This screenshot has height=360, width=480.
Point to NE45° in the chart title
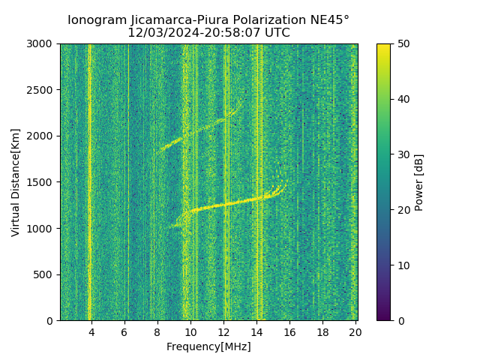(328, 20)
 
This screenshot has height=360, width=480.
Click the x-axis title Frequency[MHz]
(208, 346)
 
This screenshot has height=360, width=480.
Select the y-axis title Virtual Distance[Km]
(16, 182)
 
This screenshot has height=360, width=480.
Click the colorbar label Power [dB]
(419, 182)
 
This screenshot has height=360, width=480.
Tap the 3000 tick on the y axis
(42, 43)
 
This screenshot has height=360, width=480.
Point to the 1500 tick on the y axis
(42, 182)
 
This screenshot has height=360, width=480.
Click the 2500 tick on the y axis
(42, 90)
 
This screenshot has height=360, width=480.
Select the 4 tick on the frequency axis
(91, 331)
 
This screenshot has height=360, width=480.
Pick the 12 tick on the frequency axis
(223, 331)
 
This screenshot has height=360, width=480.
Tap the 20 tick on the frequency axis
(355, 331)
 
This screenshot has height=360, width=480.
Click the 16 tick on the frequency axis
(289, 331)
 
